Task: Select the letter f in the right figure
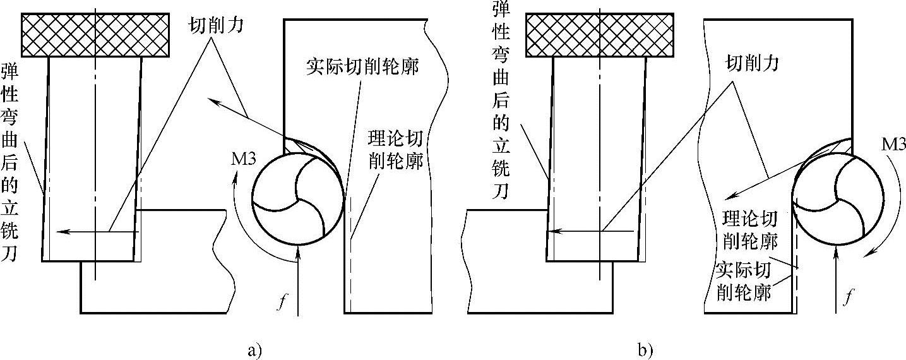(850, 294)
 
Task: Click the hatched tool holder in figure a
(95, 35)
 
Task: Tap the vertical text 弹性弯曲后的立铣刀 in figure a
(11, 162)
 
